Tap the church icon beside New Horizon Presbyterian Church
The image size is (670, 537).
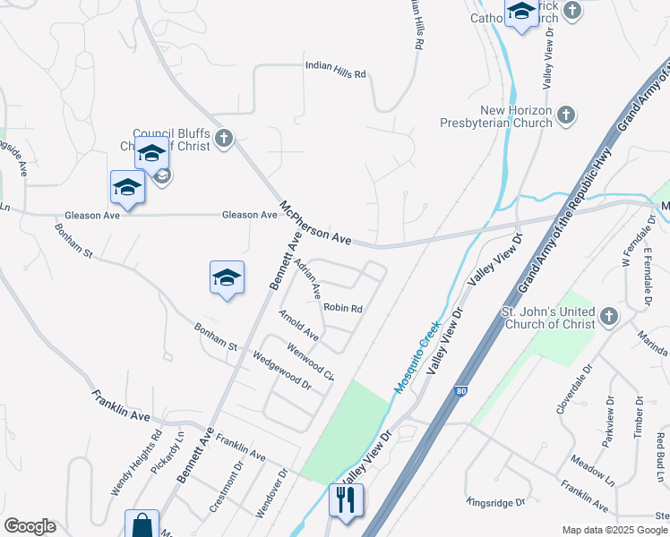565,115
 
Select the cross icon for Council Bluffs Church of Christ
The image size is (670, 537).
224,138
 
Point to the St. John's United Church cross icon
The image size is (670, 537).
609,316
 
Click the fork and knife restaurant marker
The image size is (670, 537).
346,499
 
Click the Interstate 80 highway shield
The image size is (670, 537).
460,391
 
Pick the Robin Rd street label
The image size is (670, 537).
343,308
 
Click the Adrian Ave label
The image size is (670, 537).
308,278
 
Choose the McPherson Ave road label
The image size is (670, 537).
315,224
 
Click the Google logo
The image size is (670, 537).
30,526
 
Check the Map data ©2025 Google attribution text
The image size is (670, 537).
614,530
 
